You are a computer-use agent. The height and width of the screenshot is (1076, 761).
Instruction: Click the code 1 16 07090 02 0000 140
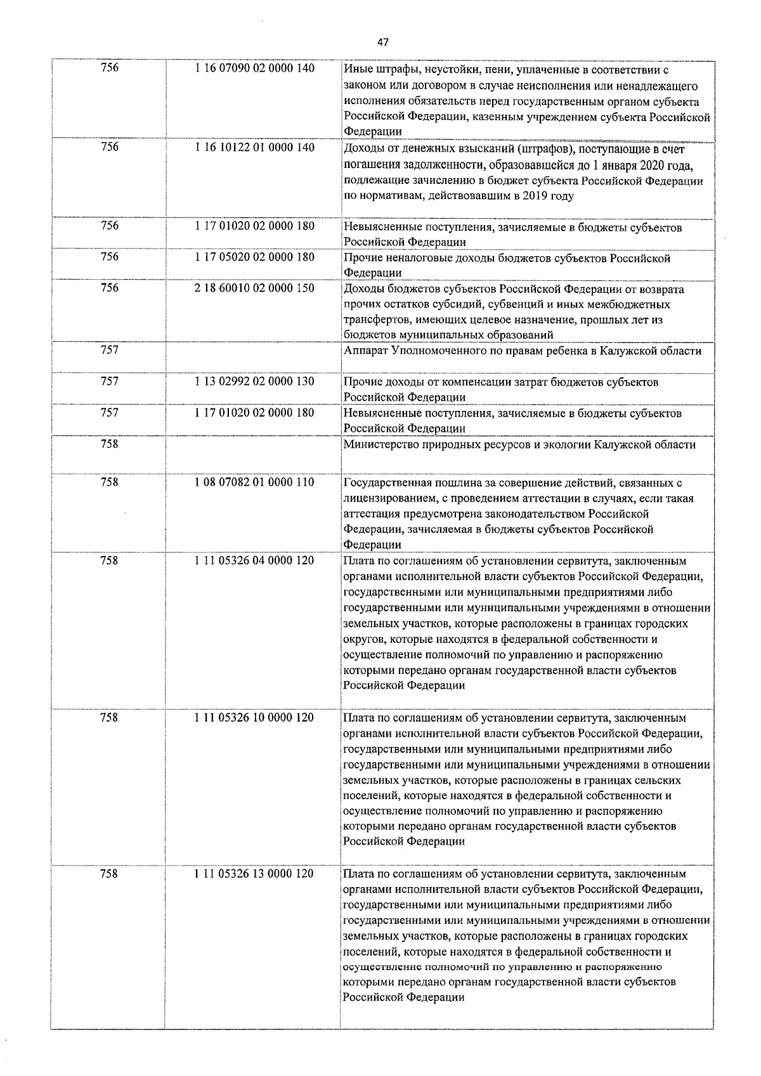(255, 68)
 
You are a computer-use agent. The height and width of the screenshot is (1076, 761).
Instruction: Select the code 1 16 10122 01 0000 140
(255, 148)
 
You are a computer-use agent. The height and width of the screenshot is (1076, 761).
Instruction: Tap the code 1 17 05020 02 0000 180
(255, 257)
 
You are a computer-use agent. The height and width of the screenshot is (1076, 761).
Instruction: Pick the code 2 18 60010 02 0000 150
(255, 288)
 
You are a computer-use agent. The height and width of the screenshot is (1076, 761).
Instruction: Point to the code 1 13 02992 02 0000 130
(255, 382)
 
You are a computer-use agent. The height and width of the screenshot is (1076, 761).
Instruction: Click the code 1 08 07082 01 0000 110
(255, 482)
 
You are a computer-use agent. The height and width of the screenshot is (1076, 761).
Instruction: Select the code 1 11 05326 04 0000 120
(255, 561)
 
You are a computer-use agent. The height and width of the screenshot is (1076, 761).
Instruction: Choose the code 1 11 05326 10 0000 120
(255, 717)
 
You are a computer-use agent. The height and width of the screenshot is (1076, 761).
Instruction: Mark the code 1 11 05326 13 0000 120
(255, 874)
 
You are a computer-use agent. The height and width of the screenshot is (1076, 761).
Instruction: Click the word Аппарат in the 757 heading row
(365, 351)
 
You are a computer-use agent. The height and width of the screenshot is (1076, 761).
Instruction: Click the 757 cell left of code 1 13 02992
(109, 382)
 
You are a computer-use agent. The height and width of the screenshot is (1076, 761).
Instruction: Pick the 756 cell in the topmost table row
(109, 68)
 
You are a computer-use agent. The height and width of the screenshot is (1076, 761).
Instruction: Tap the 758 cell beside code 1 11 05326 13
(109, 874)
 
